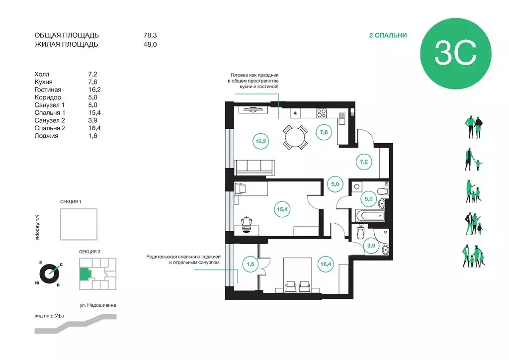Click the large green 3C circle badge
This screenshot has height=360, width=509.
pos(455,54)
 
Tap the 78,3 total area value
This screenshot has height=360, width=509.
pos(150,35)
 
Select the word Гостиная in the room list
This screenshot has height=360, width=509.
pos(48,90)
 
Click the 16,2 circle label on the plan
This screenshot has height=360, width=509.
pos(260,142)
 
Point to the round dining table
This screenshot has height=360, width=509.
pos(295,137)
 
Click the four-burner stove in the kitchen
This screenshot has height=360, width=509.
pos(322,113)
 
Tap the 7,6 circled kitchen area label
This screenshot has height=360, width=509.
pos(324,132)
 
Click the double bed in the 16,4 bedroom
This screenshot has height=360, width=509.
pos(298,275)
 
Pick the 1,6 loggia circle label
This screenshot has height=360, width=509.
pos(251,264)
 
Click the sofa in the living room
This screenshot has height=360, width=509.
pos(255,168)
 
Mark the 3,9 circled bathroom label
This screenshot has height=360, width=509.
pos(371,246)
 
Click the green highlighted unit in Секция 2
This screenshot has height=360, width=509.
pos(85,274)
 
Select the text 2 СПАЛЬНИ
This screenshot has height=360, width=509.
pos(388,35)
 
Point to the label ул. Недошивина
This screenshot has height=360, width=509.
pos(98,305)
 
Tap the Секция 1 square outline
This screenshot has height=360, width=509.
pos(79,224)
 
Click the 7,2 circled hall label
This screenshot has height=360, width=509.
pos(363,162)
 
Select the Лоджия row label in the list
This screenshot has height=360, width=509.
pos(46,136)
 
